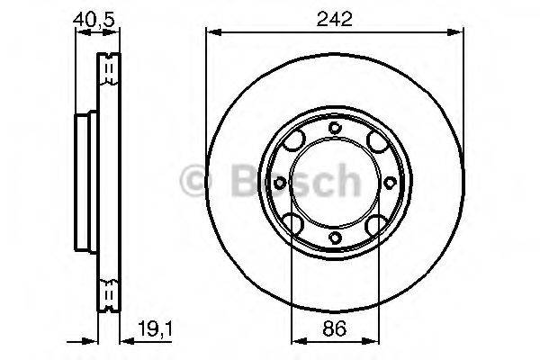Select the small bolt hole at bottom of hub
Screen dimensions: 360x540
(334, 238)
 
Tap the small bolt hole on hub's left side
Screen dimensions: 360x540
(280, 184)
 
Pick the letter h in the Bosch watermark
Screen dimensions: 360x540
(344, 183)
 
